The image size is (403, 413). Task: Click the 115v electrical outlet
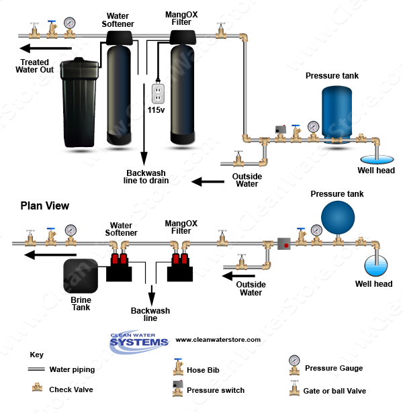(x=159, y=94)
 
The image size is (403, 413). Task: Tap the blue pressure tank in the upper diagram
(x=337, y=114)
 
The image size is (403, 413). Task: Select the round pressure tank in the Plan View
(x=338, y=218)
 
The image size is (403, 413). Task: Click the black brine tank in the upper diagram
(x=79, y=103)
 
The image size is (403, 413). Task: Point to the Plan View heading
(x=45, y=205)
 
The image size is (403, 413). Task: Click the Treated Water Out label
(x=34, y=66)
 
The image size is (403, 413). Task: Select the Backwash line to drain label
(x=146, y=177)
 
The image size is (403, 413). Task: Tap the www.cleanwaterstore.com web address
(x=218, y=340)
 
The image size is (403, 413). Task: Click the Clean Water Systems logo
(x=139, y=342)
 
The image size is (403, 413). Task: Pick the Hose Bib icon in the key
(x=178, y=367)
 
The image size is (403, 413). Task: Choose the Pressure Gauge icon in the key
(x=294, y=365)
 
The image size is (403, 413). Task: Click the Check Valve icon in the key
(x=37, y=387)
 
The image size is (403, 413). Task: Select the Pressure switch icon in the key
(x=178, y=389)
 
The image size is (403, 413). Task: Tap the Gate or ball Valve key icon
(x=294, y=388)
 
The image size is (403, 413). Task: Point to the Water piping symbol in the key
(x=36, y=369)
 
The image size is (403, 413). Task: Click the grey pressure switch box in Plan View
(x=284, y=244)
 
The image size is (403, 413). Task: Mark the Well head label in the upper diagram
(x=376, y=171)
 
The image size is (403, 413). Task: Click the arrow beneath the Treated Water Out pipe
(x=46, y=48)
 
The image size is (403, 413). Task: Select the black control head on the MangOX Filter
(x=183, y=37)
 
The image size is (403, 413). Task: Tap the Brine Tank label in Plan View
(x=81, y=304)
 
